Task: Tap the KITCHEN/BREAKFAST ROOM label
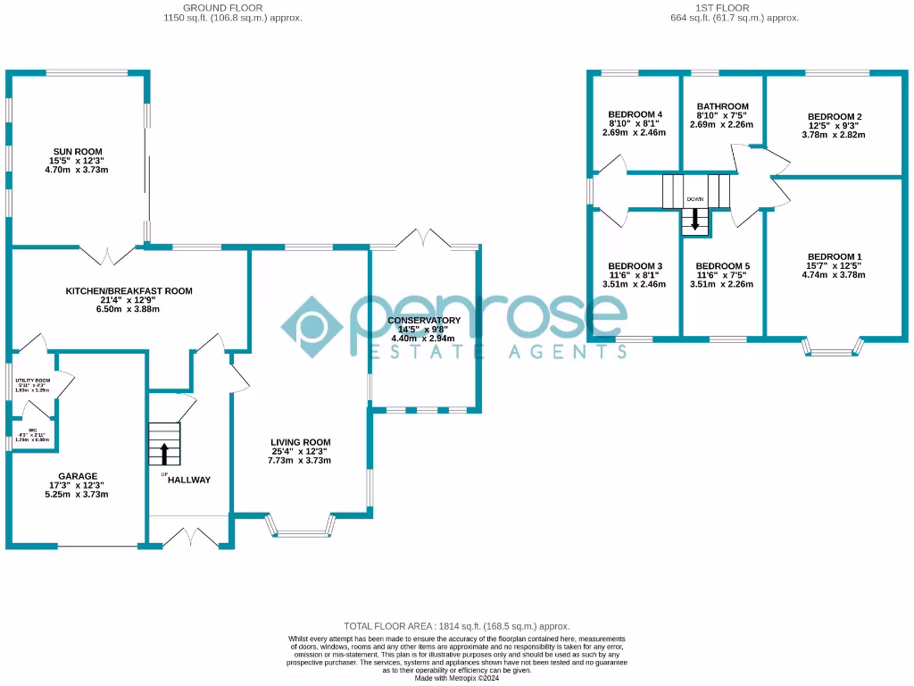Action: click(129, 291)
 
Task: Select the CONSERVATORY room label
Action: click(424, 321)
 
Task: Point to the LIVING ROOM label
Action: click(301, 442)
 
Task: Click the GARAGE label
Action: click(78, 476)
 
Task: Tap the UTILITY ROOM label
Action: click(32, 381)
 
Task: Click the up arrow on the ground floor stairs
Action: click(163, 452)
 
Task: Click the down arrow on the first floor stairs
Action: click(695, 219)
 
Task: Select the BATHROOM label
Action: click(722, 106)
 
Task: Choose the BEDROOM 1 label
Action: click(834, 256)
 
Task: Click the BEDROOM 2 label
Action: click(834, 117)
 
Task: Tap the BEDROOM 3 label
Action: click(635, 266)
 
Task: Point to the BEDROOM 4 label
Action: click(635, 114)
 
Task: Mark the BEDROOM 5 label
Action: click(722, 266)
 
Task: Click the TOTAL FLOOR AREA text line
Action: click(456, 627)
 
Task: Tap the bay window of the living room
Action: click(301, 533)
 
